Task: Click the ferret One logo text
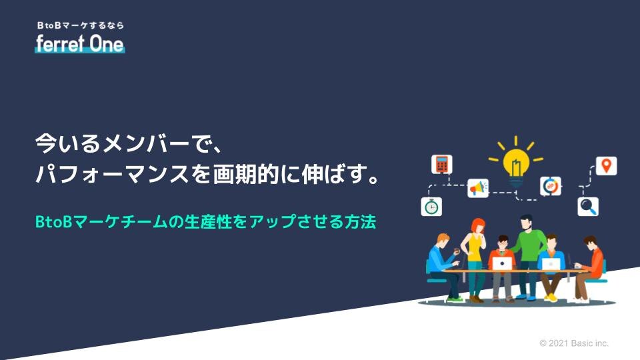pyautogui.click(x=80, y=44)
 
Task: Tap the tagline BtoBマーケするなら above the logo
pyautogui.click(x=81, y=25)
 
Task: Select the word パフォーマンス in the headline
pyautogui.click(x=112, y=174)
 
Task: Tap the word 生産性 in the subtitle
pyautogui.click(x=208, y=222)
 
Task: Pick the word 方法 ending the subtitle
pyautogui.click(x=360, y=222)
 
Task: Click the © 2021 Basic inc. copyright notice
pyautogui.click(x=574, y=343)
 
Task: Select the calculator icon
pyautogui.click(x=441, y=164)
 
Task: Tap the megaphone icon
pyautogui.click(x=478, y=188)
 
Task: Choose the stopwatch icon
pyautogui.click(x=431, y=207)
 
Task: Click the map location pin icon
pyautogui.click(x=607, y=166)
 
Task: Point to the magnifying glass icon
pyautogui.click(x=588, y=206)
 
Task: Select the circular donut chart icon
pyautogui.click(x=550, y=187)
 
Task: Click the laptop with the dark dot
pyautogui.click(x=502, y=264)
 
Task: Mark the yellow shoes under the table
pyautogui.click(x=551, y=297)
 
